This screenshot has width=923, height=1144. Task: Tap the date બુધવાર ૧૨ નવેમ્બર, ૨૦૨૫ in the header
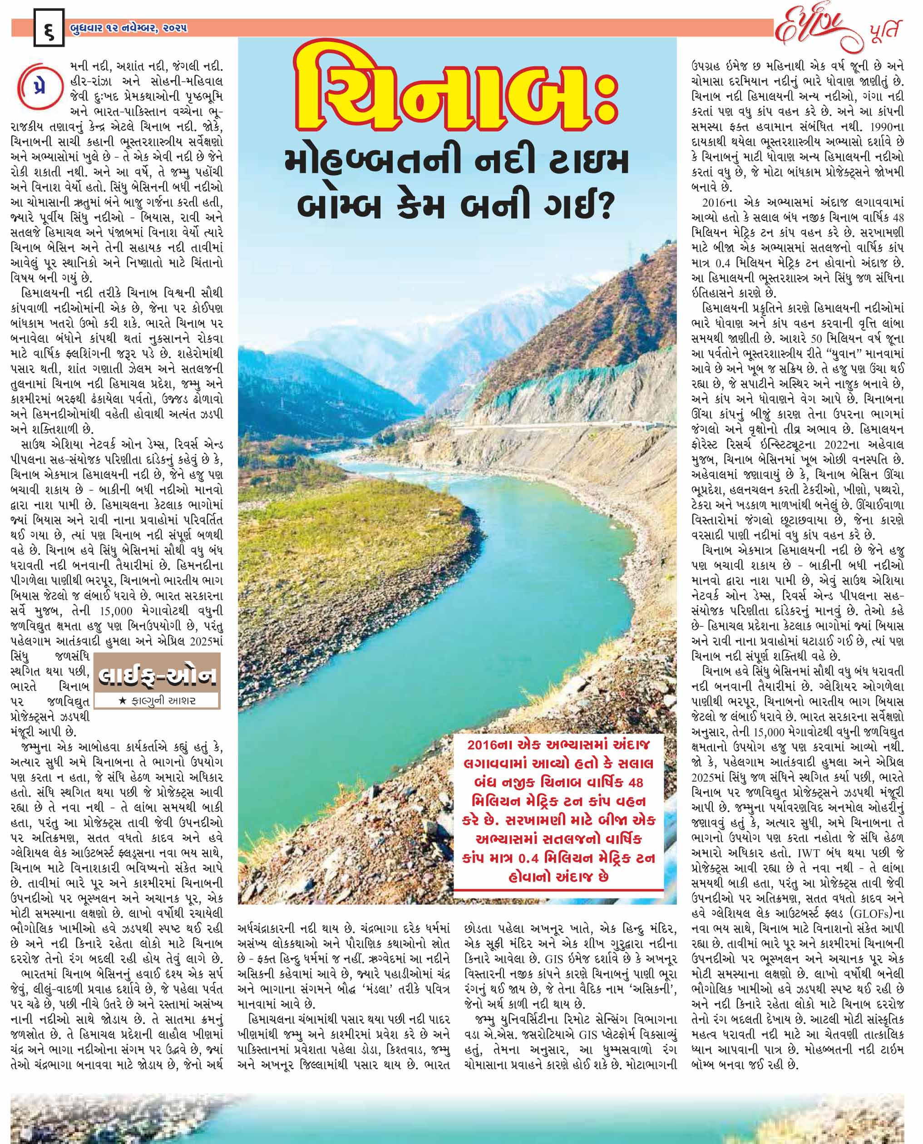(128, 28)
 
